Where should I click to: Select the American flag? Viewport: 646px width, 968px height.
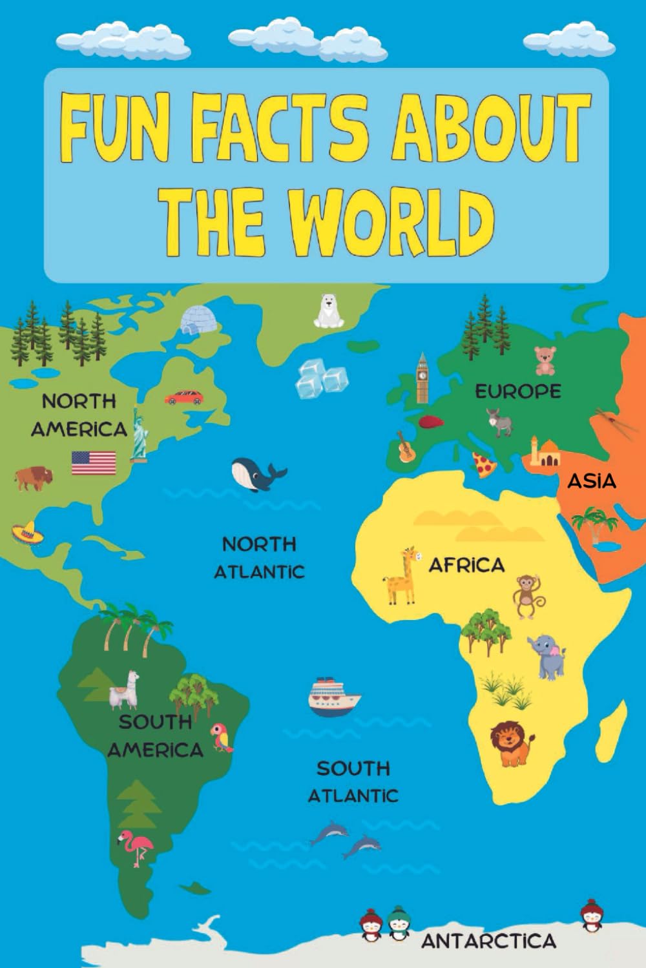[94, 463]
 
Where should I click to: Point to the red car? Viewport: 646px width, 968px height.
[183, 397]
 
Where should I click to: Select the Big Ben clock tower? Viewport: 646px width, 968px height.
[422, 377]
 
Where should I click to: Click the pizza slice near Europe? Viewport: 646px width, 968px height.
[483, 464]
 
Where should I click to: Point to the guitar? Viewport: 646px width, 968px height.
[405, 446]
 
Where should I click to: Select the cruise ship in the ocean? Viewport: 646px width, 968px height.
[333, 697]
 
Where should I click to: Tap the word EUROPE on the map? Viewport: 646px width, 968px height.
[517, 391]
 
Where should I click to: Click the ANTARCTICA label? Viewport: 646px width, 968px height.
[488, 940]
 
